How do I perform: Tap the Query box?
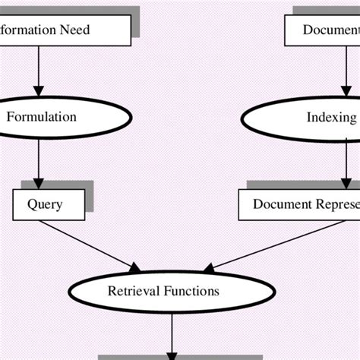45,204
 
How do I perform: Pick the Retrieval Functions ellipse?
163,291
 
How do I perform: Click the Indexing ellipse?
304,118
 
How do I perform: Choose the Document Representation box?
300,204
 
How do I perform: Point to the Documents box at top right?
322,30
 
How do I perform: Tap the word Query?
45,204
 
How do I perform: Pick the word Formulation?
42,117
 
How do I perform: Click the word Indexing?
330,118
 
